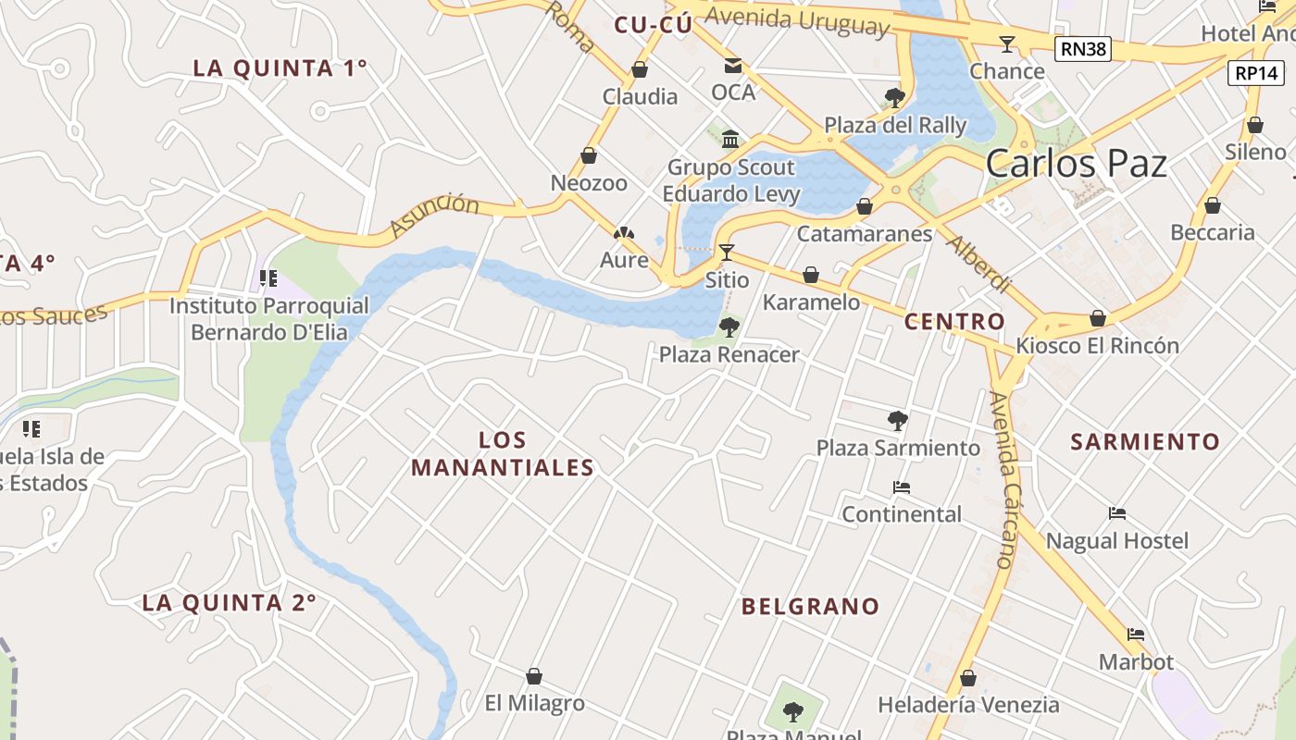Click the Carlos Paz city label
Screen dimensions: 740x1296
click(1076, 164)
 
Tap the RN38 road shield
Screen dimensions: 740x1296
click(1082, 49)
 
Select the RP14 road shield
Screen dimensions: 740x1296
click(1256, 73)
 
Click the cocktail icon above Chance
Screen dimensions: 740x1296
click(1006, 43)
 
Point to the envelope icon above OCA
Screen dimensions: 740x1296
click(733, 66)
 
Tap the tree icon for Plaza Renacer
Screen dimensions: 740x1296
click(729, 327)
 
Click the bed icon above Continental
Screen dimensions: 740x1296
click(902, 487)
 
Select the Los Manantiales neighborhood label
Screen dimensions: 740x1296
click(503, 454)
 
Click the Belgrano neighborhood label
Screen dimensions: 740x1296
click(810, 607)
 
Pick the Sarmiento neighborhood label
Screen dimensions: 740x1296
click(1145, 442)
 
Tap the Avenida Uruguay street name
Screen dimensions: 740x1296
click(796, 19)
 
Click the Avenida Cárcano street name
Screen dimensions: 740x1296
click(1003, 479)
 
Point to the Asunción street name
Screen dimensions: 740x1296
click(434, 215)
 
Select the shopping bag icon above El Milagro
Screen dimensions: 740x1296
click(534, 676)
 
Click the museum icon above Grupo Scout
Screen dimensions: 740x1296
click(730, 140)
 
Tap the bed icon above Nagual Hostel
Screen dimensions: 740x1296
click(1117, 513)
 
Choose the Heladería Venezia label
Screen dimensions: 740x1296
click(968, 705)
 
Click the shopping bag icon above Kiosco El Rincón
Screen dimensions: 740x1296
click(1098, 318)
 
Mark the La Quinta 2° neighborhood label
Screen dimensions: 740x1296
click(229, 603)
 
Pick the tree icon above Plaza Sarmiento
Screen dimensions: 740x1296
click(897, 421)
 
